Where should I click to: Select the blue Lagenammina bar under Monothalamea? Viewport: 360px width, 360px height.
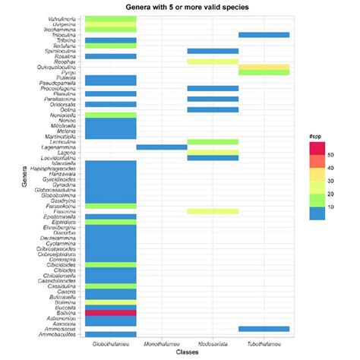click(x=161, y=147)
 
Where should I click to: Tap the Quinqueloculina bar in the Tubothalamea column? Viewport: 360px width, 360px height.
click(x=264, y=67)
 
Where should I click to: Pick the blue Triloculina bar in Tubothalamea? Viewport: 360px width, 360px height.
click(x=264, y=35)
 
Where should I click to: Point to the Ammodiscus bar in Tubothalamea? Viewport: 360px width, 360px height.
click(x=264, y=328)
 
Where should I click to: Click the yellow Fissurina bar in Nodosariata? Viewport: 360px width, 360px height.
click(x=213, y=211)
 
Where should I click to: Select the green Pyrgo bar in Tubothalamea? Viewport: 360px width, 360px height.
click(x=264, y=72)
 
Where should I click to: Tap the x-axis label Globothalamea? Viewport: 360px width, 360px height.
click(x=110, y=344)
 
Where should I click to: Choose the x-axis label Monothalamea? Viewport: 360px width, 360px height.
click(x=161, y=344)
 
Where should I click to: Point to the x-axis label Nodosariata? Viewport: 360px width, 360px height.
click(x=213, y=344)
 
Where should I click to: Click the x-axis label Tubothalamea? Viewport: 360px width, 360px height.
click(x=264, y=344)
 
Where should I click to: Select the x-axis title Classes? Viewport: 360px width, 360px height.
click(x=187, y=354)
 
